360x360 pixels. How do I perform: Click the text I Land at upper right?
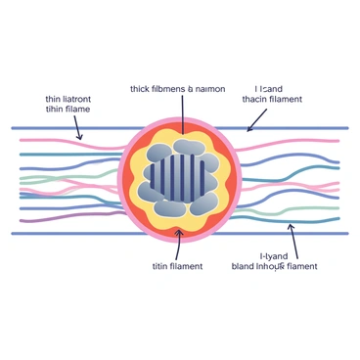tap(265, 86)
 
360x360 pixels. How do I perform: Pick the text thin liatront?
tap(67, 98)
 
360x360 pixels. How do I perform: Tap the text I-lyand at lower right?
tap(273, 256)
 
